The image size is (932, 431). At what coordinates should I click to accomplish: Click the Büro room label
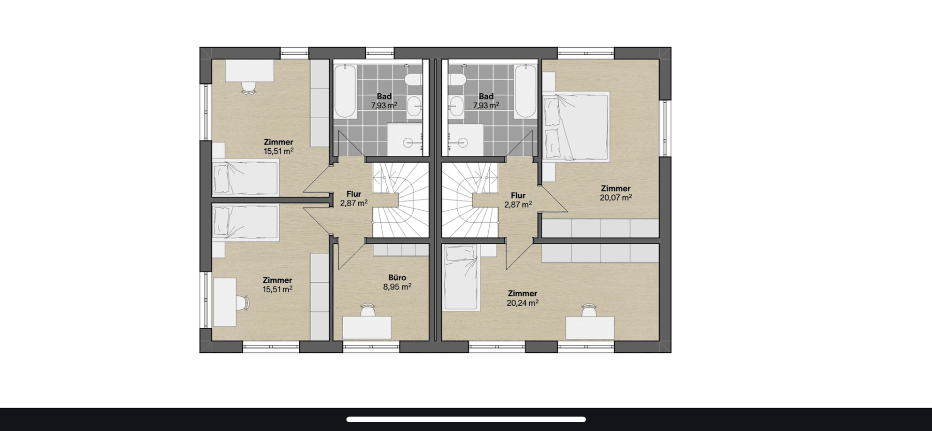point(397,278)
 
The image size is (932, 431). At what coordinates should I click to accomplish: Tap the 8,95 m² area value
point(397,286)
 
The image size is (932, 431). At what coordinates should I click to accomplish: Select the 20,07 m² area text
point(616,197)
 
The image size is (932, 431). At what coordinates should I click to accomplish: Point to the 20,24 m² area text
point(522,303)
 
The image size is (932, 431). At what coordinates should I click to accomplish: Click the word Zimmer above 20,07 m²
point(616,189)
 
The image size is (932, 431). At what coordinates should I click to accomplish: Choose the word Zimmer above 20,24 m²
point(522,293)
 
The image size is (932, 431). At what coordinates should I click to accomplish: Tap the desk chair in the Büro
point(368,310)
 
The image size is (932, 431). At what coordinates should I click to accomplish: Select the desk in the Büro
point(367,327)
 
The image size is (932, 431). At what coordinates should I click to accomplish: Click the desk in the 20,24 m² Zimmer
point(589,328)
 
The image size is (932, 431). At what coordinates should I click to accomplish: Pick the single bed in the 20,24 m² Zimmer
point(461,277)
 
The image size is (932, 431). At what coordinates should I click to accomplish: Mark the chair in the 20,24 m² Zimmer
point(589,310)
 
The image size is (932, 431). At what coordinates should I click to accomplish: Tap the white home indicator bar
point(466,420)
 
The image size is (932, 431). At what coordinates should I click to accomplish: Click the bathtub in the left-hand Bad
point(345,91)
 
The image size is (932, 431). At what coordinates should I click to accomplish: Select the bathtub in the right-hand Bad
point(525,91)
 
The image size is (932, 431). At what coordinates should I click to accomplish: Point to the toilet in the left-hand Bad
point(414,79)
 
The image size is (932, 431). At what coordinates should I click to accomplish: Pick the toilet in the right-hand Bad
point(457,79)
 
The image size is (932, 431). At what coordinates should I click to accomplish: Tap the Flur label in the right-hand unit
point(518,195)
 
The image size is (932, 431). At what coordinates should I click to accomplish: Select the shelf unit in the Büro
point(401,250)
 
